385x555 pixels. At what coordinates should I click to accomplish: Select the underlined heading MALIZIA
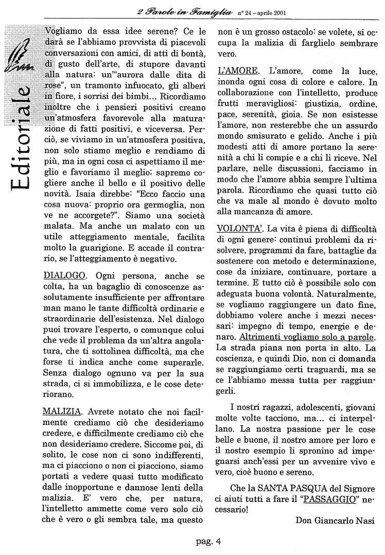pos(62,412)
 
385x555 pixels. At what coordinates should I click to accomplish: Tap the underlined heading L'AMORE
pos(237,70)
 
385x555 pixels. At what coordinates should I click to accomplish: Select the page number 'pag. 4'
pos(208,541)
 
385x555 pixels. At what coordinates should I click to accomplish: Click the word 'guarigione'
pos(87,248)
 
